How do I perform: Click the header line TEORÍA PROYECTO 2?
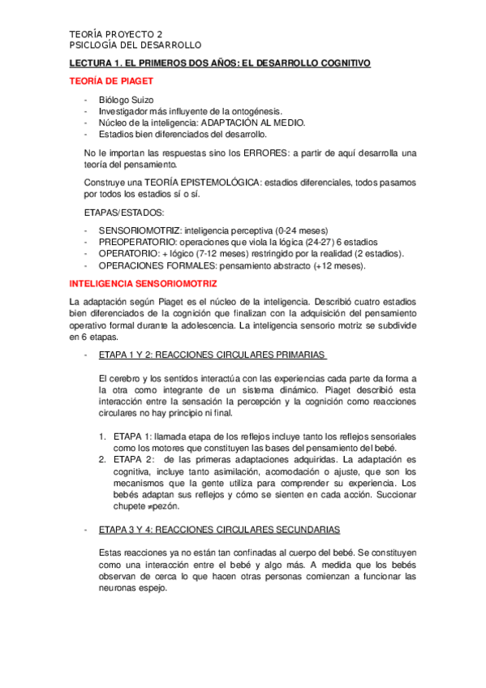(115, 35)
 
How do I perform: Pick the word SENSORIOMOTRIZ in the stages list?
(139, 230)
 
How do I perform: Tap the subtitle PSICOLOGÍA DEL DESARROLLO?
(135, 45)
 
